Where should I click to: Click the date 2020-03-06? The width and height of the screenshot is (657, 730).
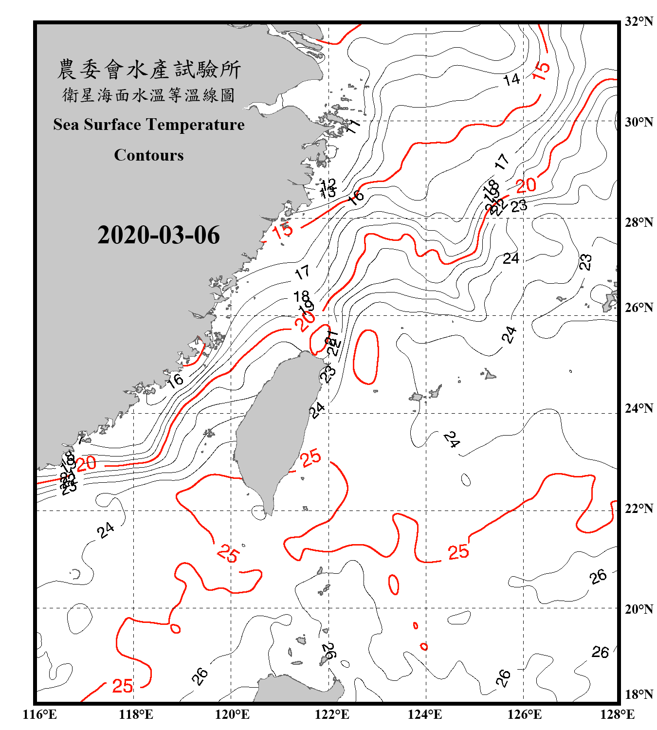pyautogui.click(x=158, y=235)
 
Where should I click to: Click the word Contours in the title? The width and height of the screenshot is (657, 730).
pyautogui.click(x=149, y=155)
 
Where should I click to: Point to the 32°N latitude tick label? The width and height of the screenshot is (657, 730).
pyautogui.click(x=639, y=21)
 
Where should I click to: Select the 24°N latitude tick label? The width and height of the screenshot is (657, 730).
pyautogui.click(x=639, y=408)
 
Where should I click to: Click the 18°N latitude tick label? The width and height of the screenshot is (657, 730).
pyautogui.click(x=639, y=694)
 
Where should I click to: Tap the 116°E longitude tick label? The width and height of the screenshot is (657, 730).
pyautogui.click(x=40, y=714)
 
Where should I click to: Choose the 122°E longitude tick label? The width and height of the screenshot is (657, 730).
pyautogui.click(x=332, y=714)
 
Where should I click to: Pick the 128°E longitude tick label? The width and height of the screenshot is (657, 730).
pyautogui.click(x=617, y=714)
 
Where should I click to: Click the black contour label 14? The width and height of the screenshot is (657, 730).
pyautogui.click(x=511, y=79)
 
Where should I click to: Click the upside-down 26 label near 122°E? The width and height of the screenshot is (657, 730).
pyautogui.click(x=330, y=650)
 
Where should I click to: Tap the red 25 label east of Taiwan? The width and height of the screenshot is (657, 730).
pyautogui.click(x=310, y=457)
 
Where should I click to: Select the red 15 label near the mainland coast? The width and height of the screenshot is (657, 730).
pyautogui.click(x=283, y=230)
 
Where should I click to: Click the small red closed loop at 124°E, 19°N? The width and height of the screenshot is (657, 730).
pyautogui.click(x=424, y=646)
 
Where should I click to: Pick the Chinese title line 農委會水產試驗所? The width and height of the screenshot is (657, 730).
pyautogui.click(x=149, y=70)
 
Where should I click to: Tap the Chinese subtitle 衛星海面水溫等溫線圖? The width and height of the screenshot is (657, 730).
pyautogui.click(x=149, y=95)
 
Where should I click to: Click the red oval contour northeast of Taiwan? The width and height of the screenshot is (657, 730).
pyautogui.click(x=366, y=357)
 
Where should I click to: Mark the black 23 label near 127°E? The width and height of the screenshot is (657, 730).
pyautogui.click(x=585, y=262)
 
